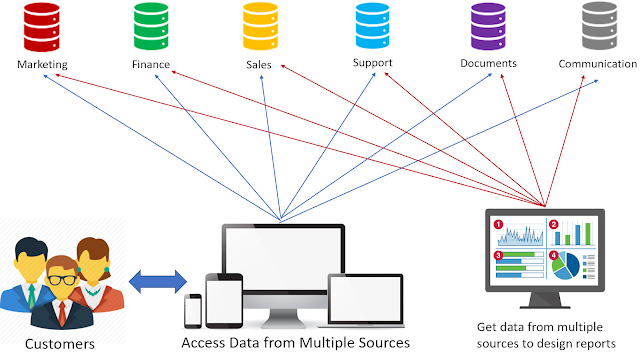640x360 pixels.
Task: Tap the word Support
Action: pyautogui.click(x=372, y=63)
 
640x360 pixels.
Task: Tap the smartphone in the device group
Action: pyautogui.click(x=193, y=310)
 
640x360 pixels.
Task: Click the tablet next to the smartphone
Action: pyautogui.click(x=223, y=300)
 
